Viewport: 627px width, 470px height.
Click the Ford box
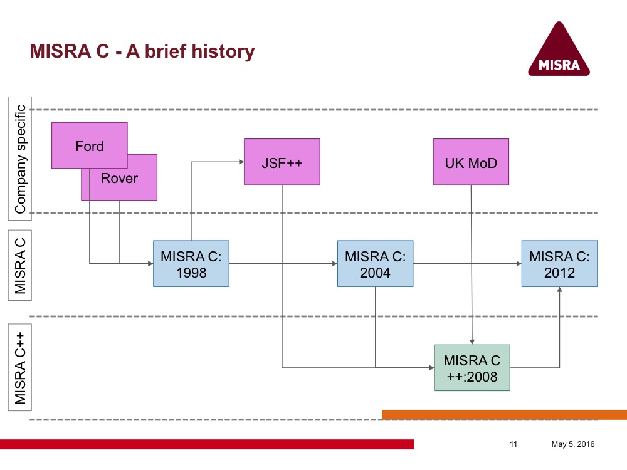[x=89, y=145]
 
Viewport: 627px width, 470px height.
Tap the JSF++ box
[x=282, y=162]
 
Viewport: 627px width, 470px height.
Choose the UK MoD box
[x=471, y=162]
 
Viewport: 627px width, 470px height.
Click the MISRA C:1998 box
[x=191, y=264]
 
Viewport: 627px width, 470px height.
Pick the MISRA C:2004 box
[x=375, y=264]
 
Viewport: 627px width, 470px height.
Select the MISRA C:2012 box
[x=559, y=264]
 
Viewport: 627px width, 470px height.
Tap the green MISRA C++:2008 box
[x=472, y=368]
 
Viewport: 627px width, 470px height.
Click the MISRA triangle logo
[x=559, y=50]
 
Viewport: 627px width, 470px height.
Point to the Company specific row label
[x=19, y=159]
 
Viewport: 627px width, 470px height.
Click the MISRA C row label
[x=19, y=264]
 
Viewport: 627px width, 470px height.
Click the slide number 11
[x=514, y=444]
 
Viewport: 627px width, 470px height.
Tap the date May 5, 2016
[x=572, y=444]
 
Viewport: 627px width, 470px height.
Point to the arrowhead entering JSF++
[x=241, y=162]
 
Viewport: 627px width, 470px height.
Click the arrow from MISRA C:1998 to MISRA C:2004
[x=282, y=264]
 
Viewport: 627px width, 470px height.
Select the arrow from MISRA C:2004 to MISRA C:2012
[x=467, y=264]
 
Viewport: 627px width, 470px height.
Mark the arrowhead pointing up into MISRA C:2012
[x=559, y=290]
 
